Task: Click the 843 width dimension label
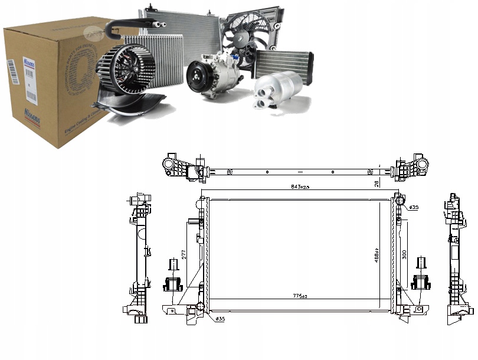[299, 186]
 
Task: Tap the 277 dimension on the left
[184, 254]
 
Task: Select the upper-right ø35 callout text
[414, 207]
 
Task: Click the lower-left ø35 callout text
[219, 319]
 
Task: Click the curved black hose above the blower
[127, 24]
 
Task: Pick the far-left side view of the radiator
[137, 257]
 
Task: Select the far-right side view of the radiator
[457, 257]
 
